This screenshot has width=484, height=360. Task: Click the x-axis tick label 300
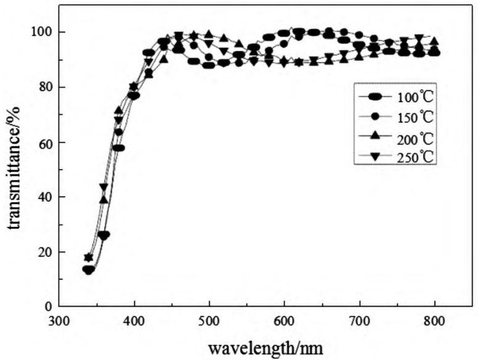pyautogui.click(x=59, y=322)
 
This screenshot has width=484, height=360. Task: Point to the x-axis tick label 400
pyautogui.click(x=134, y=322)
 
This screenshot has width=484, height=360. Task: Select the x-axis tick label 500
pyautogui.click(x=210, y=322)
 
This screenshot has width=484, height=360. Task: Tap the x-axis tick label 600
pyautogui.click(x=284, y=322)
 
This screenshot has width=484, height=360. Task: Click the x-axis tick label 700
pyautogui.click(x=359, y=322)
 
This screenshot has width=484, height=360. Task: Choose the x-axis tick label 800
pyautogui.click(x=435, y=322)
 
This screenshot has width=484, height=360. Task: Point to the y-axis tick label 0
pyautogui.click(x=46, y=306)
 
